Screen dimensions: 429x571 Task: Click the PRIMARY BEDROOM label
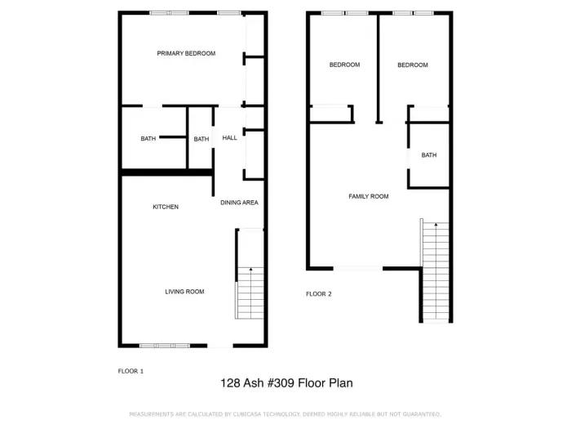pos(186,54)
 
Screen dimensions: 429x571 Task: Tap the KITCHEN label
pos(166,207)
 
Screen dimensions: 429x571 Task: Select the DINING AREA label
pos(239,203)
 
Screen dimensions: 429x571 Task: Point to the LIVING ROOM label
pos(184,292)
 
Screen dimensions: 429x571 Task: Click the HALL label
pos(230,138)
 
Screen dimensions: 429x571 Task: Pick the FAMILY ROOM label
pos(369,196)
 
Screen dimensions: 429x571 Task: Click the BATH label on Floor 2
pos(429,155)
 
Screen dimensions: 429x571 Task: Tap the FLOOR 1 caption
pos(131,371)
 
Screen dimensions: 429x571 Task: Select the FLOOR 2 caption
pos(318,294)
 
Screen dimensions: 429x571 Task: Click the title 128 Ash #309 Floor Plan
pos(286,382)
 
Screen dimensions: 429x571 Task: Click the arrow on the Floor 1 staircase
pos(250,270)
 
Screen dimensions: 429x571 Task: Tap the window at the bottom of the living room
pos(164,346)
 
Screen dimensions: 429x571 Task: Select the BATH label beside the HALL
pos(201,139)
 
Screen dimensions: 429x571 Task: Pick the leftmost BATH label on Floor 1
pos(148,139)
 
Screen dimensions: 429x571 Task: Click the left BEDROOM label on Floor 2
pos(344,65)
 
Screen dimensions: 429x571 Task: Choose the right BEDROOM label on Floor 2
pos(413,65)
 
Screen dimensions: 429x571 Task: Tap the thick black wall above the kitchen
pos(166,172)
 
